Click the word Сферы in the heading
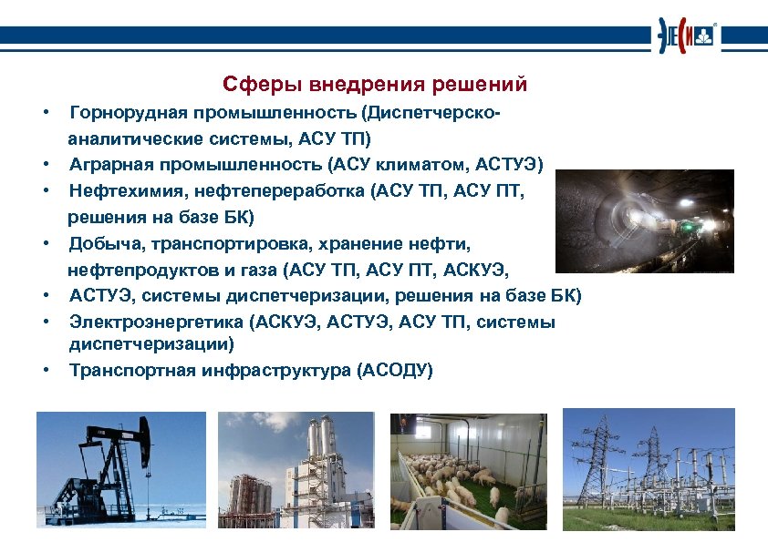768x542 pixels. click(252, 85)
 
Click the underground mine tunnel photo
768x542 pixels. click(644, 221)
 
